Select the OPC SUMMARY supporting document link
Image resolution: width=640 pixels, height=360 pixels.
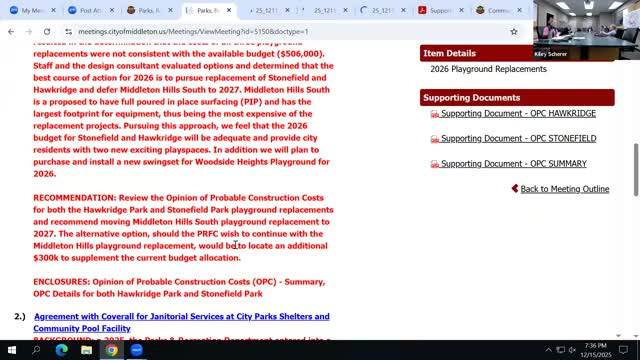513,164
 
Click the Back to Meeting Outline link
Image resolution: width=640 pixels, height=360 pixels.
564,189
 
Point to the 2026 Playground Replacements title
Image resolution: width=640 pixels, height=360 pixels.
488,69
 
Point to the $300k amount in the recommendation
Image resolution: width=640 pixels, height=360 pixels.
46,258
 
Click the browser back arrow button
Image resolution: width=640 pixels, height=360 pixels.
11,31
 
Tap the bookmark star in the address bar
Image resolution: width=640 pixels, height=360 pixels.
513,31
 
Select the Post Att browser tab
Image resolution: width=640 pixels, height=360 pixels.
92,10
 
